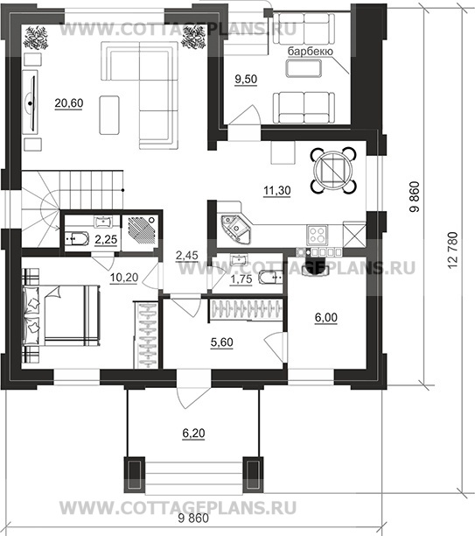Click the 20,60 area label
click(x=69, y=102)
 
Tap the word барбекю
click(x=310, y=52)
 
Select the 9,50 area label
click(x=246, y=80)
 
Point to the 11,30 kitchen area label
click(x=277, y=190)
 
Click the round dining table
click(x=333, y=170)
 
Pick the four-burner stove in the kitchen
click(x=318, y=235)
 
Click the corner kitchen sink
click(x=235, y=229)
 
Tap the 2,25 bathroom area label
click(x=106, y=240)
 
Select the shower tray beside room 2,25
click(x=140, y=229)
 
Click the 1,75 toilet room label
click(x=241, y=279)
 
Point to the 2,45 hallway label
click(x=187, y=255)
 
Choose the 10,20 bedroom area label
click(x=124, y=278)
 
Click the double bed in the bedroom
click(x=61, y=315)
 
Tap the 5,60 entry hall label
click(x=222, y=342)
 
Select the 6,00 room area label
click(x=326, y=318)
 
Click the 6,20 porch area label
click(x=193, y=434)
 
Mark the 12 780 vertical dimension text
click(x=451, y=250)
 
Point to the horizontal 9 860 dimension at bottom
click(x=193, y=518)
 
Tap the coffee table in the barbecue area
click(x=304, y=68)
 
